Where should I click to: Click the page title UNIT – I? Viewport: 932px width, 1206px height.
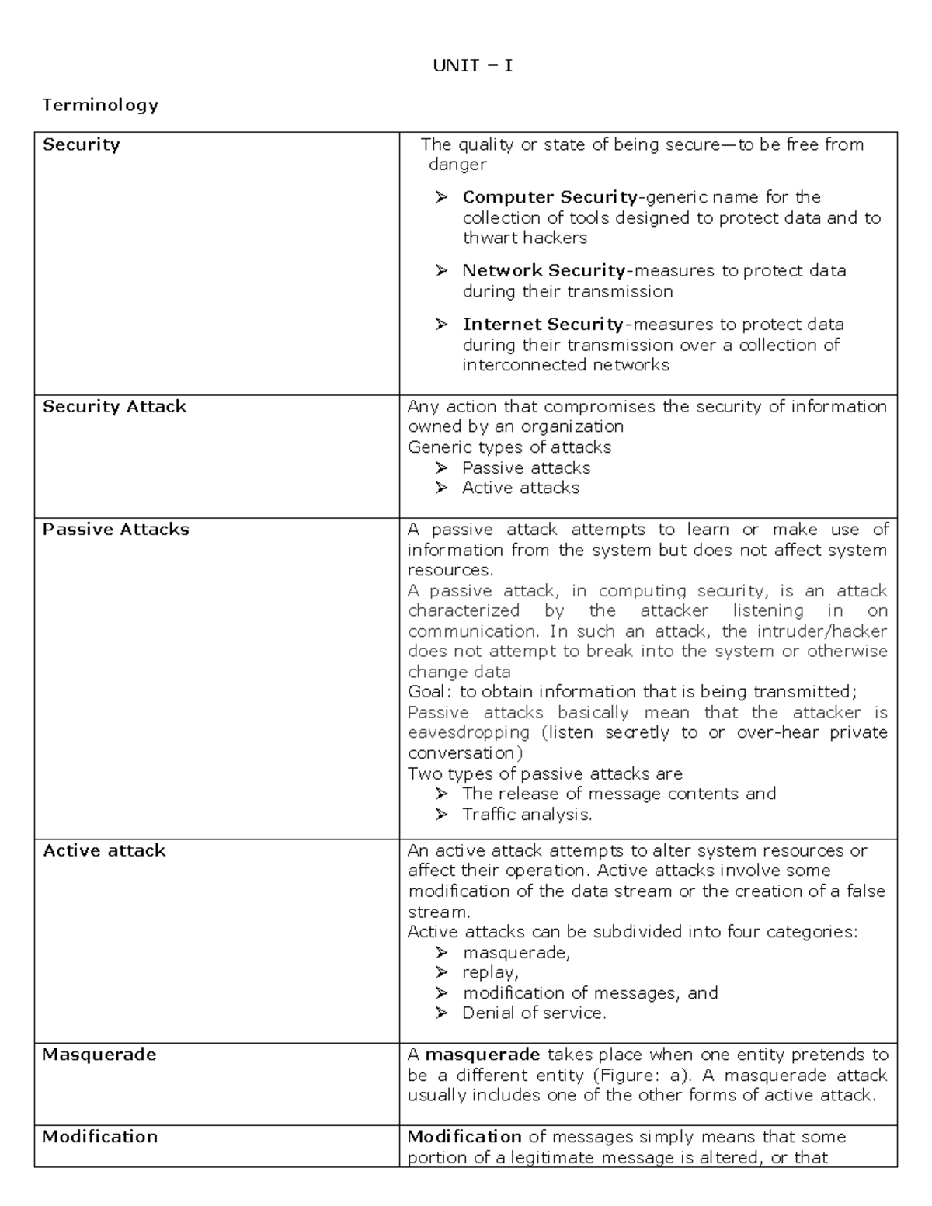472,66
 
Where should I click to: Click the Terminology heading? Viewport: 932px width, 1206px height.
100,105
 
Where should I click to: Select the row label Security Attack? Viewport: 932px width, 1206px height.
114,407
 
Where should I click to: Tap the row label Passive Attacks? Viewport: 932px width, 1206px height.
116,530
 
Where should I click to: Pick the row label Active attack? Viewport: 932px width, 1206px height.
104,851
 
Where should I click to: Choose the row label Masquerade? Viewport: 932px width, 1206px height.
99,1055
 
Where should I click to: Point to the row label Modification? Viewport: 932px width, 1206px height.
100,1137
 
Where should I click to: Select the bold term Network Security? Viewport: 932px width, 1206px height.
544,271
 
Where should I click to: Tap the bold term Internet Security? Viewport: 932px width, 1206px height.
543,325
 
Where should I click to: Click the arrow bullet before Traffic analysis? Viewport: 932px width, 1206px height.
442,815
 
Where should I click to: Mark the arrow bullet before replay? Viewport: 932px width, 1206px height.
442,973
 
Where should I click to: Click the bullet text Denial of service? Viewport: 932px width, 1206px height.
534,1013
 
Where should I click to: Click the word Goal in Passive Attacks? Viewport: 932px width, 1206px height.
428,692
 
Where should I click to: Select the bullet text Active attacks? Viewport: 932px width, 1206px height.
520,488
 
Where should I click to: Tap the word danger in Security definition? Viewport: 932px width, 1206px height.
457,165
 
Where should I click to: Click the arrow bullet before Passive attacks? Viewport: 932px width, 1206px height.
442,468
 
